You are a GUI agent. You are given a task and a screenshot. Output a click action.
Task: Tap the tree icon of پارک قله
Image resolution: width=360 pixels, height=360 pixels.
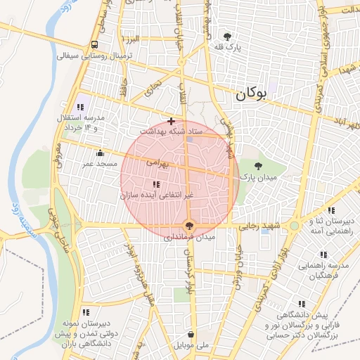[226, 36]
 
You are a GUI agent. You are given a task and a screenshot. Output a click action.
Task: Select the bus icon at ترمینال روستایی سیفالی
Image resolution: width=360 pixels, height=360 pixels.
[94, 44]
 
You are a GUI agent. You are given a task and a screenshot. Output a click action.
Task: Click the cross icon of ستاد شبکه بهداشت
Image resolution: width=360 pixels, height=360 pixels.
[171, 121]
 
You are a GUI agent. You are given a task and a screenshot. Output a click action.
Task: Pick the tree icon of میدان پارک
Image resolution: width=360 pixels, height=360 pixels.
[258, 167]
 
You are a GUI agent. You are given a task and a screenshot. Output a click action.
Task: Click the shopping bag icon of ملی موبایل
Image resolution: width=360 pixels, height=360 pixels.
[191, 335]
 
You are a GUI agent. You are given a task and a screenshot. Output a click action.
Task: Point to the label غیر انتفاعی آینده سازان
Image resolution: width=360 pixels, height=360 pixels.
[156, 194]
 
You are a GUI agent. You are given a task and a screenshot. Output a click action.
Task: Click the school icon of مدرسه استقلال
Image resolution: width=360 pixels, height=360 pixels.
[80, 108]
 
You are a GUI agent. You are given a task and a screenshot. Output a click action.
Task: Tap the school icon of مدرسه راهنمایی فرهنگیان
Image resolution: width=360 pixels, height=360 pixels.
[323, 255]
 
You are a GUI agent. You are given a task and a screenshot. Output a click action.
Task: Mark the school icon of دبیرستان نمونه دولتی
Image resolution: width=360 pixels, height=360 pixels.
[86, 311]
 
